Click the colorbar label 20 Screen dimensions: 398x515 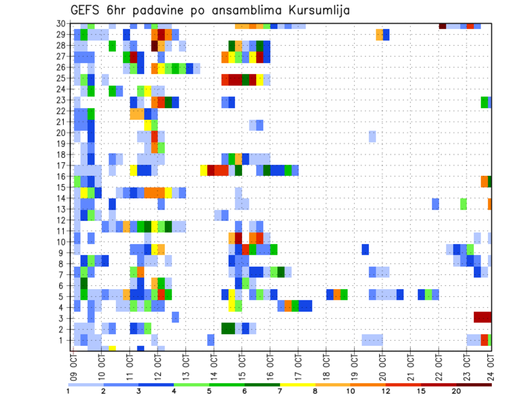(457, 390)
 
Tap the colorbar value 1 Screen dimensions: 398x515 (69, 390)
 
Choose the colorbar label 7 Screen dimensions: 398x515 (280, 390)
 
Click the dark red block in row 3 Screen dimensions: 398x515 (482, 317)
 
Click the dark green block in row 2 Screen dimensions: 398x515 (228, 328)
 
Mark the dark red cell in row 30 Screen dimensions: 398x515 (443, 25)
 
